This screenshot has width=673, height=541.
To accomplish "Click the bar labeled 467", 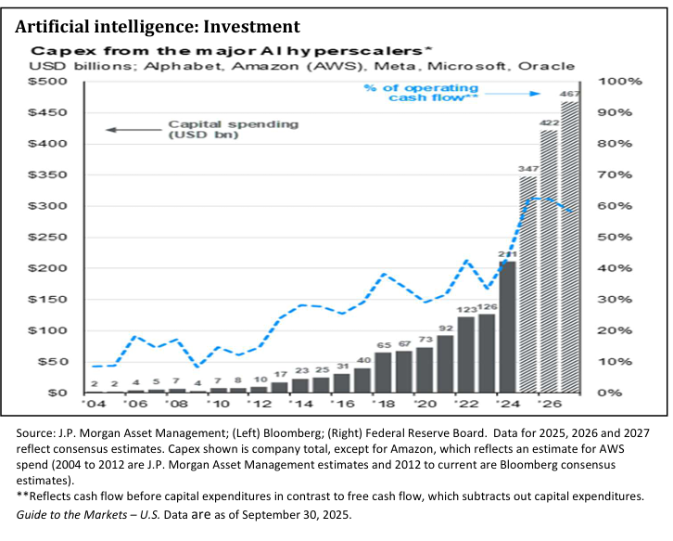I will click(x=569, y=247).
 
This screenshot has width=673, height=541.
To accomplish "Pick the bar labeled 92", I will click(x=446, y=364).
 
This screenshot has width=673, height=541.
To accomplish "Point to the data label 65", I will click(x=383, y=343).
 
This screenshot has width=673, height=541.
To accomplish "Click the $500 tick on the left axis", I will click(x=53, y=82).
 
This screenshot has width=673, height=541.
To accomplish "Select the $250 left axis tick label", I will click(x=53, y=238).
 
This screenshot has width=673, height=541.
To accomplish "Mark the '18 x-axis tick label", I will click(x=383, y=406).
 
